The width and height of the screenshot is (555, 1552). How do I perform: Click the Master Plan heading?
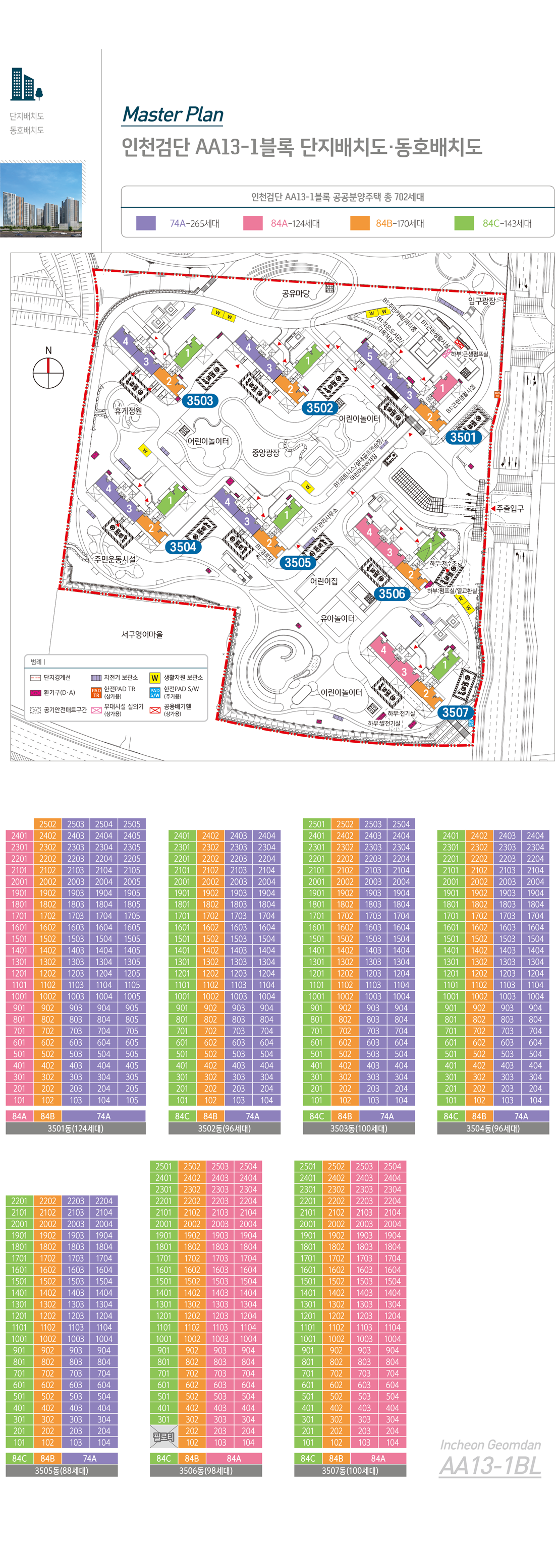[x=173, y=114]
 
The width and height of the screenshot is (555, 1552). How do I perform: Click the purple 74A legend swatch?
[x=146, y=223]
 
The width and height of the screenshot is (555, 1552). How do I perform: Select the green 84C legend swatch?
[x=464, y=223]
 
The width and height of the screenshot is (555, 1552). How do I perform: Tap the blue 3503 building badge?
[x=199, y=401]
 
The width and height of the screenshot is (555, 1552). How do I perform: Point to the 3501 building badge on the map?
[x=463, y=437]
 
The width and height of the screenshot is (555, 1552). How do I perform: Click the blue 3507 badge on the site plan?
[x=455, y=712]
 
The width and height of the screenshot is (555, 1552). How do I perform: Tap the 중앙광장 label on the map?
[x=266, y=452]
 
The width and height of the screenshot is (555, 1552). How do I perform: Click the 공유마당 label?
[x=295, y=293]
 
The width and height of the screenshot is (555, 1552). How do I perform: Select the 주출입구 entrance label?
[x=510, y=508]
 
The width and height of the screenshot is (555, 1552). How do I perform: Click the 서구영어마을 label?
[x=142, y=634]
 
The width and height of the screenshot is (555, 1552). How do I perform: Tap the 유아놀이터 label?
[x=338, y=618]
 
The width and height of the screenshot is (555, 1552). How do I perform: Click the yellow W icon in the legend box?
[x=155, y=678]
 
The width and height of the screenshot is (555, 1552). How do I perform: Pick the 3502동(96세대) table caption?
[x=224, y=1128]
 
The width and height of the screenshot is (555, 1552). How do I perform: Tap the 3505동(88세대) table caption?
[x=62, y=1471]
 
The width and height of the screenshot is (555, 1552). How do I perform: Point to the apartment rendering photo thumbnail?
[x=41, y=200]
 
